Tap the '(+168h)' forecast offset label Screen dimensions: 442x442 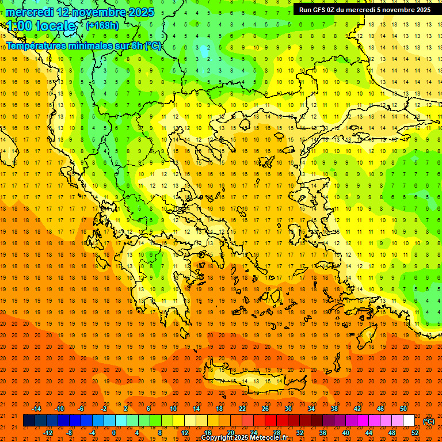pyautogui.click(x=102, y=25)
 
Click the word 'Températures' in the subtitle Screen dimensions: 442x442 pyautogui.click(x=39, y=46)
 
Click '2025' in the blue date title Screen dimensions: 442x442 pyautogui.click(x=139, y=12)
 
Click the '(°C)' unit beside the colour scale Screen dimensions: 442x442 pyautogui.click(x=429, y=421)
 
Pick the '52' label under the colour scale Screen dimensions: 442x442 pyautogui.click(x=415, y=433)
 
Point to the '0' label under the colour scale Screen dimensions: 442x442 pyautogui.click(x=114, y=433)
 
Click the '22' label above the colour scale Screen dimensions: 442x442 pyautogui.click(x=242, y=409)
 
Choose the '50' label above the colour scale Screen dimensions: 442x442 pyautogui.click(x=403, y=409)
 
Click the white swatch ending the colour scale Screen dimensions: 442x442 pyautogui.click(x=409, y=421)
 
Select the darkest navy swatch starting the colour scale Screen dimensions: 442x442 pyautogui.click(x=29, y=421)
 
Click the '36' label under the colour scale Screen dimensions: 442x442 pyautogui.click(x=323, y=433)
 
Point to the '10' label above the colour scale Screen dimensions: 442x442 pyautogui.click(x=173, y=409)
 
